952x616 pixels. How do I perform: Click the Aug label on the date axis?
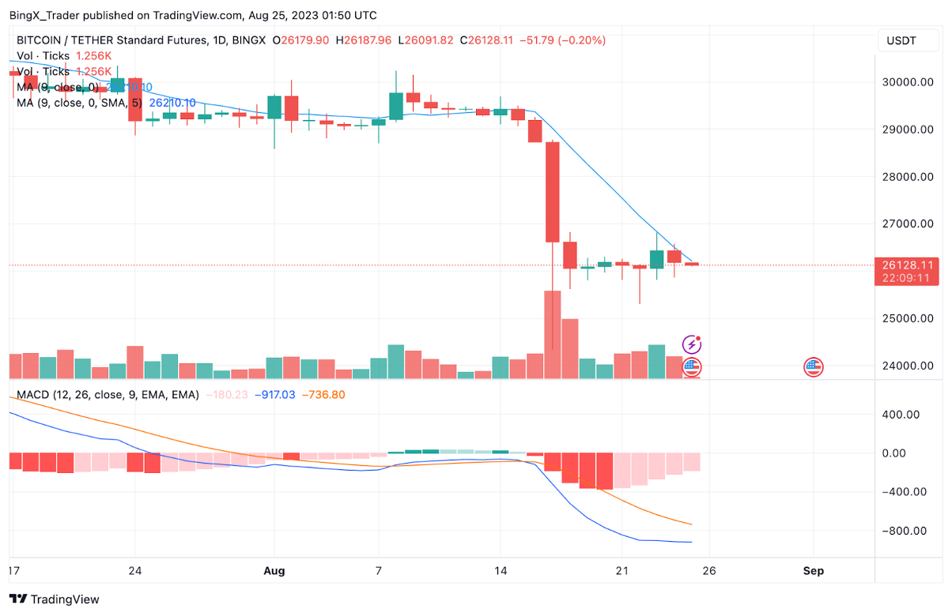tap(274, 570)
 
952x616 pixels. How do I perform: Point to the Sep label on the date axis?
tap(813, 570)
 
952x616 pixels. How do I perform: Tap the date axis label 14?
tap(500, 570)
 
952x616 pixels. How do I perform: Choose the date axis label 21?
tap(621, 570)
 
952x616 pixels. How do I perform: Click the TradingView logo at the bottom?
tap(55, 599)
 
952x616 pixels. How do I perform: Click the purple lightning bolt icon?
tap(692, 344)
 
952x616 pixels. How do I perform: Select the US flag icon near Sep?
tap(814, 366)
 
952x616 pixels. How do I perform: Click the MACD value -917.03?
tap(274, 394)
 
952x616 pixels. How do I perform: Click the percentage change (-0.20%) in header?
tap(582, 39)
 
